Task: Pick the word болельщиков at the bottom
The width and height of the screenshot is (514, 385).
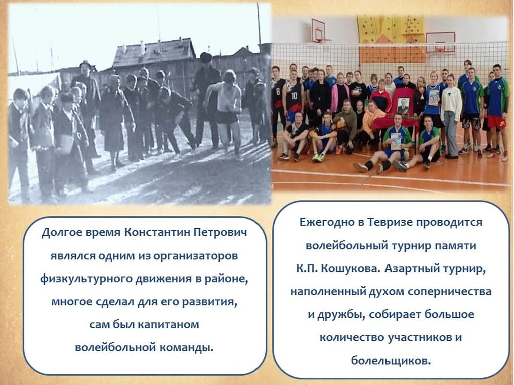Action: click(391, 361)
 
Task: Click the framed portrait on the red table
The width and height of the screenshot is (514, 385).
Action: click(403, 106)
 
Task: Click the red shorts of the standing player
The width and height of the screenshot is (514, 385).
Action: click(496, 122)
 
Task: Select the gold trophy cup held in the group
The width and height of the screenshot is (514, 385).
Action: click(422, 93)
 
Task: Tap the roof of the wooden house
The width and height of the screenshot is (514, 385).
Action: click(154, 52)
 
